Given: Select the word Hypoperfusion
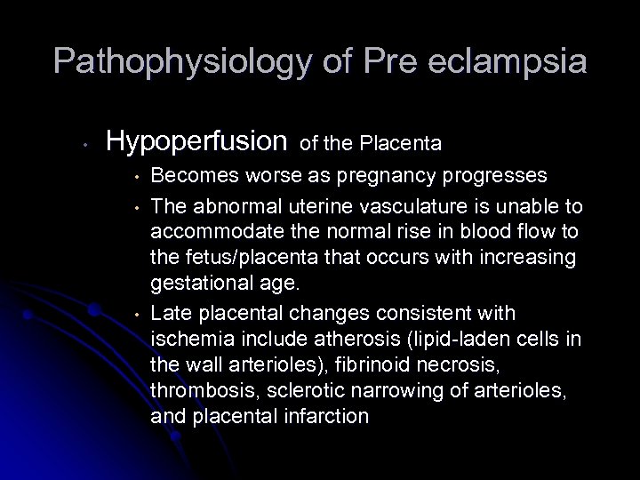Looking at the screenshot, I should click(x=196, y=140).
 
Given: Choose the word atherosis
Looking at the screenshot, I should click(x=345, y=340).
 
